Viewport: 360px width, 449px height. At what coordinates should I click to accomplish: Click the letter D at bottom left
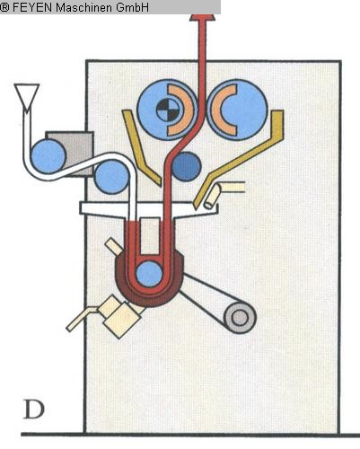tap(34, 409)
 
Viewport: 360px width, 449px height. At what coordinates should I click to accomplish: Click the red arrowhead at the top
tap(203, 17)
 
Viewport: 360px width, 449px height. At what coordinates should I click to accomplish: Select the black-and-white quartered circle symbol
tap(169, 110)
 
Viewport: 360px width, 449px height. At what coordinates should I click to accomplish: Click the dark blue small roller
tap(186, 166)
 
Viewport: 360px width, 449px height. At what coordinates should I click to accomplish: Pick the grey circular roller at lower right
tap(240, 318)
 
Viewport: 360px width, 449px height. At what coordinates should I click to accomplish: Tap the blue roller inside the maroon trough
tap(149, 274)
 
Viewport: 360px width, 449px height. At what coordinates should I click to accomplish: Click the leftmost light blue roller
tap(48, 156)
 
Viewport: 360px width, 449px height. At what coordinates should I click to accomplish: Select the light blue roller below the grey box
tap(112, 177)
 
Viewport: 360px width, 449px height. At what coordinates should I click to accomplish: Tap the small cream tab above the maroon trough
tap(113, 246)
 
